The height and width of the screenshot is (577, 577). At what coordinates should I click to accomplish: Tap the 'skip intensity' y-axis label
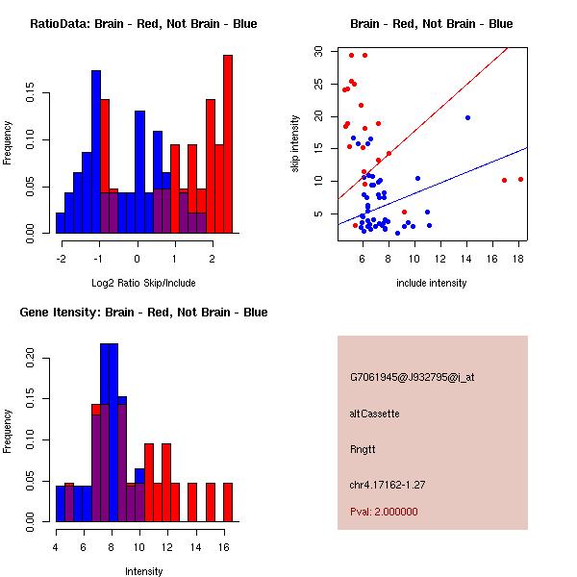[296, 144]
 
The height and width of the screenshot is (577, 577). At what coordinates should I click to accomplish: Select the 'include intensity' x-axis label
[432, 283]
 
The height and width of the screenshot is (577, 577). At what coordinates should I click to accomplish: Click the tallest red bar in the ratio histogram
[228, 144]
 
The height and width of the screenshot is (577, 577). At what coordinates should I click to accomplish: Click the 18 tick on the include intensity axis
[517, 258]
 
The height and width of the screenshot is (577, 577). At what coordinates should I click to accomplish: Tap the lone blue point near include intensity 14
[467, 117]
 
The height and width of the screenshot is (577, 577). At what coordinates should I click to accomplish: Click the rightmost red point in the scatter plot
[520, 179]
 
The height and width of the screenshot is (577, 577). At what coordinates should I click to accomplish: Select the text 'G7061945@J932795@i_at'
[413, 377]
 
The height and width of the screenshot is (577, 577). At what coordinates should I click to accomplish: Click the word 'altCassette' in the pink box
[375, 414]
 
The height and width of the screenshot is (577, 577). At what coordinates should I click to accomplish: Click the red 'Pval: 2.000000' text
[384, 512]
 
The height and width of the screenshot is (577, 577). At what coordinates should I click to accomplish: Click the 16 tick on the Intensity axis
[223, 547]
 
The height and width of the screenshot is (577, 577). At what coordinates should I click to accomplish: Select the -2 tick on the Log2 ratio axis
[61, 259]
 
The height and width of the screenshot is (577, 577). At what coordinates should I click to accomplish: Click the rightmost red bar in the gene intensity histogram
[228, 502]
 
